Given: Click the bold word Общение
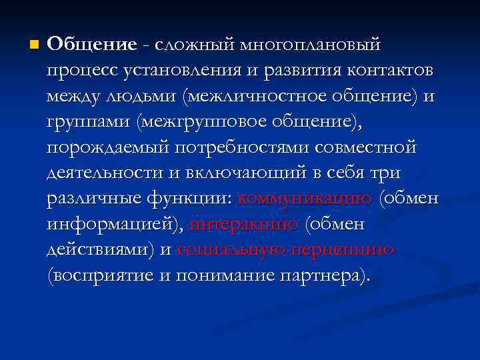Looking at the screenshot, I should click(x=92, y=45).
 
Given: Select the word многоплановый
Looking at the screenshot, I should click(x=311, y=45).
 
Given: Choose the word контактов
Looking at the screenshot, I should click(x=381, y=71).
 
